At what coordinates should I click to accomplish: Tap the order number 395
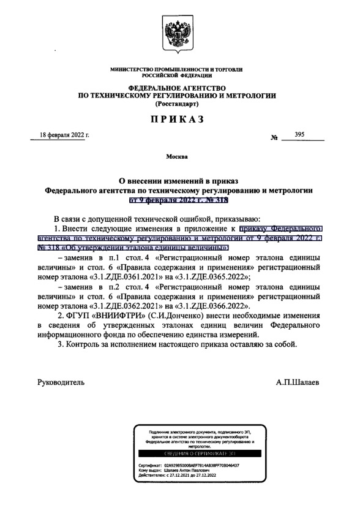(x=299, y=135)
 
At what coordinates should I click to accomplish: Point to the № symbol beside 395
(x=274, y=138)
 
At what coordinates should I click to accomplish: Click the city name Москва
(x=179, y=157)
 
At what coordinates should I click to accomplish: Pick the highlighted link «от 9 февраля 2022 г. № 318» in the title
(x=179, y=200)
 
